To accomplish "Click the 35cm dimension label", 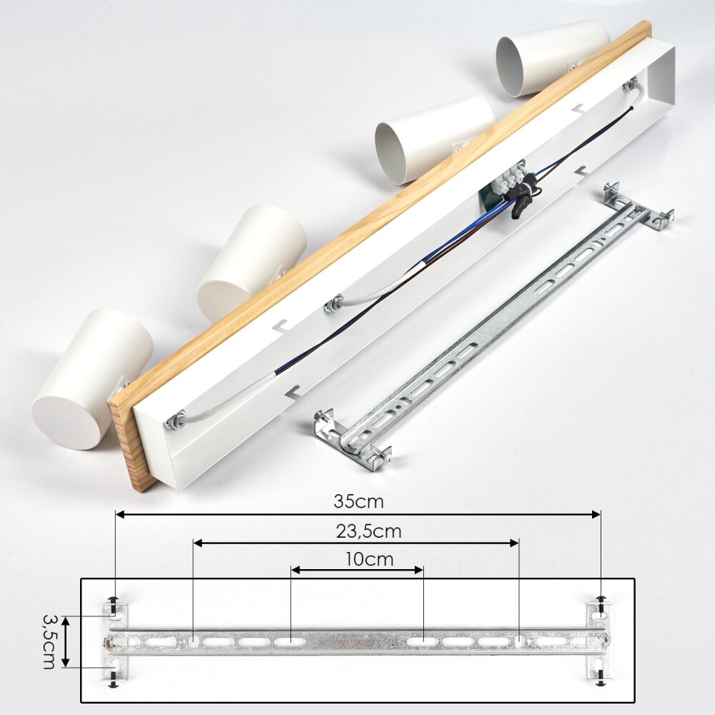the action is (358, 502).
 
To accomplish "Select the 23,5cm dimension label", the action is (369, 531).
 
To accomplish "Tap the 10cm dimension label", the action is (369, 559).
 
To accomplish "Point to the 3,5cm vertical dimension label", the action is (49, 641).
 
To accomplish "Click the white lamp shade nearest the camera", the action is (92, 378).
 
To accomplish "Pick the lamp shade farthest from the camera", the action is (552, 57).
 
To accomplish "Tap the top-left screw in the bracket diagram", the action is (113, 602).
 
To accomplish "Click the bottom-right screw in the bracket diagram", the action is (601, 679).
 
